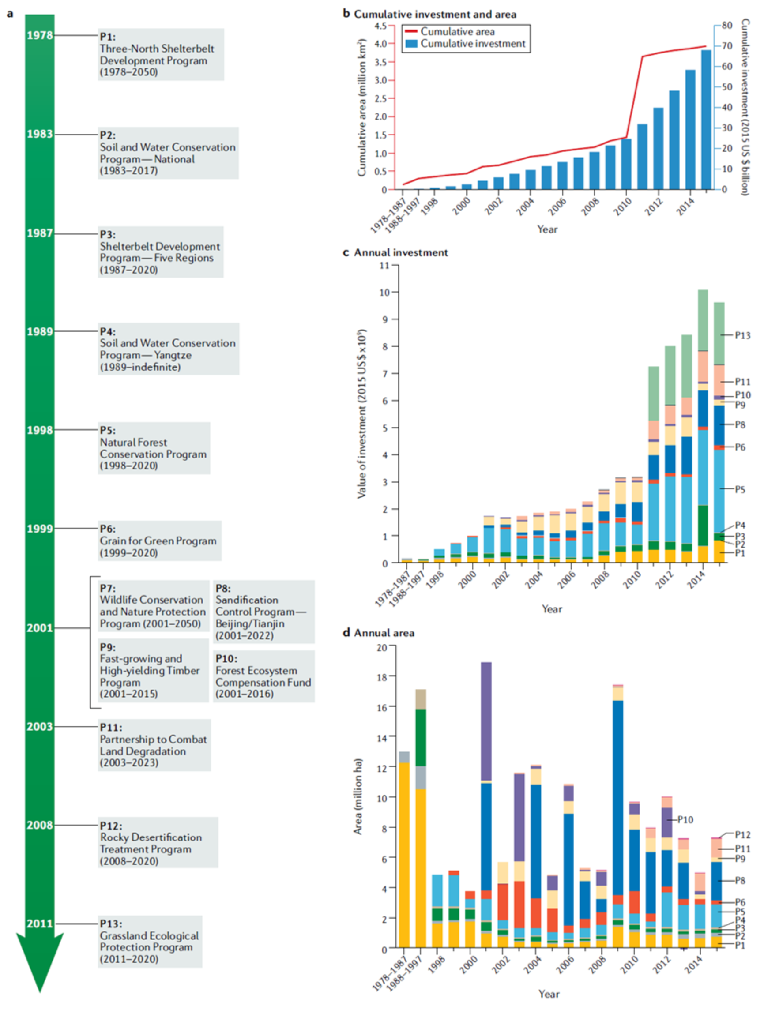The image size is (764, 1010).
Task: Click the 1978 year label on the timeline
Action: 39,35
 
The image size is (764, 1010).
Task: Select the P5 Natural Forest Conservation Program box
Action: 154,448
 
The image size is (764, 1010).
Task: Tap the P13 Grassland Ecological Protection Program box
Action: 150,941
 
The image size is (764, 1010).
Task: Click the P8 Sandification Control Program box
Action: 263,612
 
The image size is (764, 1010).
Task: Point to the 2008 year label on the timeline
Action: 39,825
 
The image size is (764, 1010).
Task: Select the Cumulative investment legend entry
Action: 466,44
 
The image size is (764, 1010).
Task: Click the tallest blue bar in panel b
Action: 706,120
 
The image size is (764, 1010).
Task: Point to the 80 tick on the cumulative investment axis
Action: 727,26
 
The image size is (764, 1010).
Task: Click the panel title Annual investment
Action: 400,252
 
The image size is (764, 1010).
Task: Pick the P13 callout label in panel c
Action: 742,336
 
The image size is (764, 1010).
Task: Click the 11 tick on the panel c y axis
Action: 384,265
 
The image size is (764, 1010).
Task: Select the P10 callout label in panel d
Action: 685,819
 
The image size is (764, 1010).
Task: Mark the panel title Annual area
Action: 384,633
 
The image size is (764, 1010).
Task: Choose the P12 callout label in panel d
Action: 742,835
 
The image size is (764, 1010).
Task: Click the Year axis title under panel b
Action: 547,229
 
